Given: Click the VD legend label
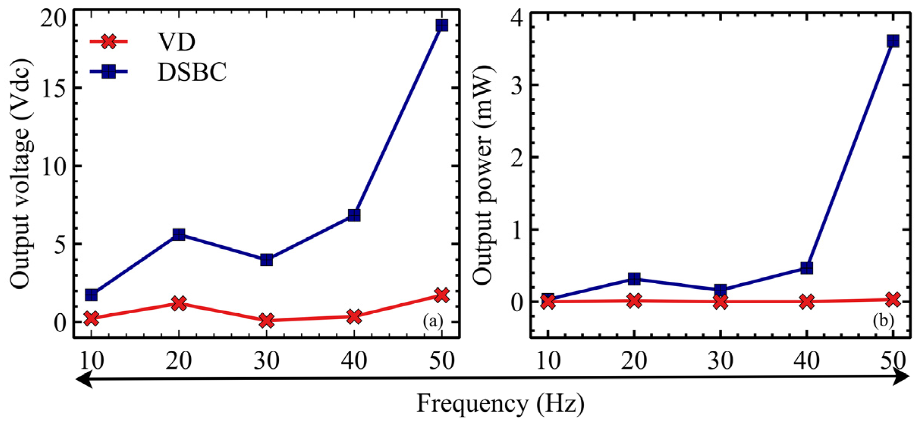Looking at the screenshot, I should pos(177,42).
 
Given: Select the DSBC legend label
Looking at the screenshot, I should pos(192,72).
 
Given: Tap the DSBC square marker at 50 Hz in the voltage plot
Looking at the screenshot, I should pos(442,25).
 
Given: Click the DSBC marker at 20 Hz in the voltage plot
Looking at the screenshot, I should pos(179,234).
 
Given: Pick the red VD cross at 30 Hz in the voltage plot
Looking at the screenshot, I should pos(267,320).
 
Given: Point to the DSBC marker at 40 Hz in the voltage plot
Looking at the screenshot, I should pos(354,215).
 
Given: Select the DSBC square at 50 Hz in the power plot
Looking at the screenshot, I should pos(893,41).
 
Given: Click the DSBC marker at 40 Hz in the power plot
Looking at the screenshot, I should pos(807,268).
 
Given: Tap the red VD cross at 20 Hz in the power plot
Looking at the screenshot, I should pos(634,301).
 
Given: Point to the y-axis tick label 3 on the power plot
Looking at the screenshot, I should pos(518,85).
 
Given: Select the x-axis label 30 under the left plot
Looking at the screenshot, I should pos(266,361).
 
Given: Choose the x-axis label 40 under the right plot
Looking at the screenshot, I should pos(806,361).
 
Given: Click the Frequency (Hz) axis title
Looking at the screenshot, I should pos(500,404).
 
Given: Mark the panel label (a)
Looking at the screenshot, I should pos(432,321).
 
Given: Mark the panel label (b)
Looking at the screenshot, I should pos(883,321).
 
